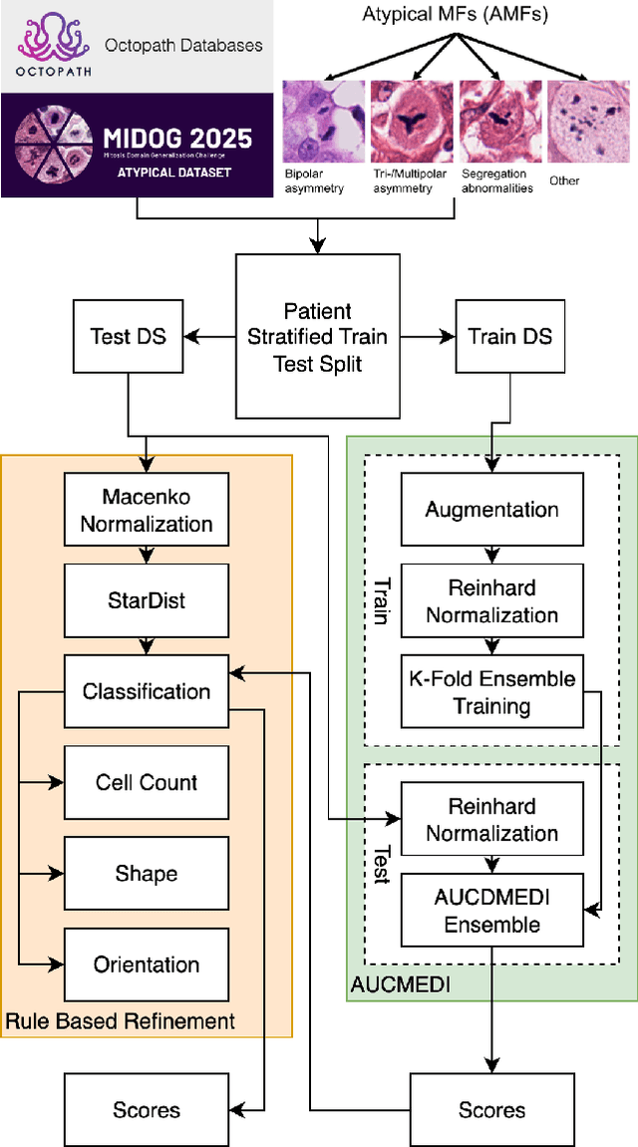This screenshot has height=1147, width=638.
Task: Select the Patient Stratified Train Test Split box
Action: [318, 336]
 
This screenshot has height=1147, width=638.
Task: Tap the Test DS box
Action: [129, 336]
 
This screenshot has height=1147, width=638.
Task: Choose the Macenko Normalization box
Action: [147, 510]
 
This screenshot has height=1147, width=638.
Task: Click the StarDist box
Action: [147, 600]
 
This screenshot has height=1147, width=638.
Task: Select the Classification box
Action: [147, 691]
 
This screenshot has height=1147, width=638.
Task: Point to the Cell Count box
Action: [147, 783]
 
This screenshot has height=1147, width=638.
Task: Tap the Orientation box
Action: [147, 964]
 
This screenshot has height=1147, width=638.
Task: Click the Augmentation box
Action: [491, 510]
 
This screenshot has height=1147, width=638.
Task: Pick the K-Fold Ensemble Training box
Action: [491, 692]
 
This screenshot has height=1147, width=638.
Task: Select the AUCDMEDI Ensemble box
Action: [491, 911]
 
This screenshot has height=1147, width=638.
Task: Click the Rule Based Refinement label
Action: [121, 1020]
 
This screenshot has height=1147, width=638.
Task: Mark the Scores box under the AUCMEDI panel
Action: [491, 1109]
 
